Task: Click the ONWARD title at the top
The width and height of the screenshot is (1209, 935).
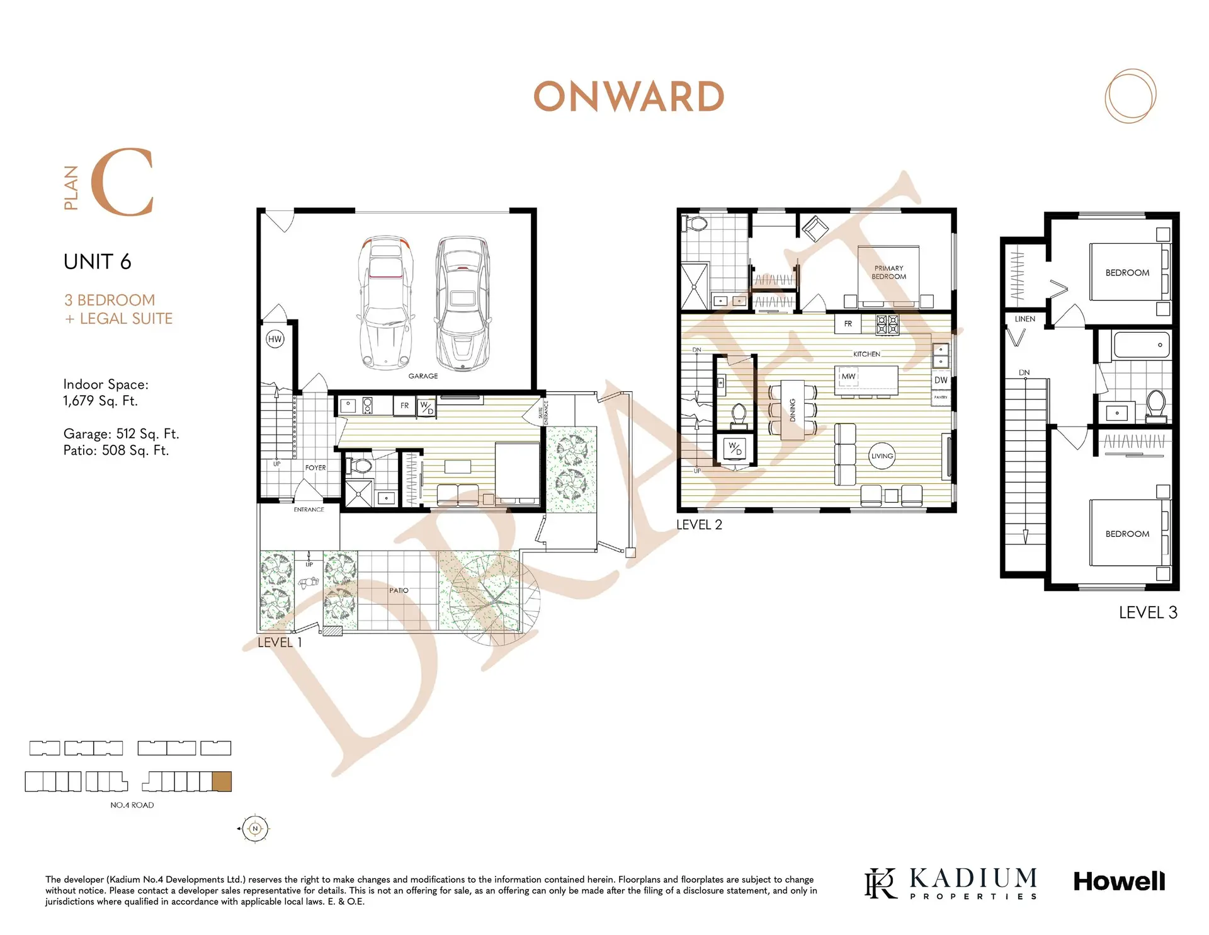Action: tap(628, 97)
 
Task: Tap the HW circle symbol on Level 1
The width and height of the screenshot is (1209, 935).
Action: tap(275, 339)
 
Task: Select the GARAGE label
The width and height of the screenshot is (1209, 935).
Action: tap(423, 376)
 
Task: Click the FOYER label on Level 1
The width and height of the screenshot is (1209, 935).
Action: tap(315, 467)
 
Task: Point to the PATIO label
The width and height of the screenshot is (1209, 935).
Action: tap(399, 590)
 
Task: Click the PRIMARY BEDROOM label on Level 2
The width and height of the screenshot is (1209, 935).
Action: tap(889, 272)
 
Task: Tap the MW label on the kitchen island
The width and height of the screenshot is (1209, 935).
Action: tap(848, 377)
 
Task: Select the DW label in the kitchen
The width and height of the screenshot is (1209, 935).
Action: tap(941, 380)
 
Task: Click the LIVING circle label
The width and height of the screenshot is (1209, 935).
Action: tap(882, 456)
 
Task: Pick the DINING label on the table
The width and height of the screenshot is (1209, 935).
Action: tap(793, 410)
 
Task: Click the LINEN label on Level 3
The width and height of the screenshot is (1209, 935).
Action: tap(1025, 319)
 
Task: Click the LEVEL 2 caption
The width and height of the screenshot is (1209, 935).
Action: tap(699, 525)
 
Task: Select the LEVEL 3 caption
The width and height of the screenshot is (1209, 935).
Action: tap(1148, 612)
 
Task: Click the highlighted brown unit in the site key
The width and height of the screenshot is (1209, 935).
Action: tap(222, 781)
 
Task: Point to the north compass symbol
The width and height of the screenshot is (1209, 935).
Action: tap(254, 829)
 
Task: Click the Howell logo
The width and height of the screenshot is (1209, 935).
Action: tap(1119, 881)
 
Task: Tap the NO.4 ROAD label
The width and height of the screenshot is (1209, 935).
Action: tap(132, 805)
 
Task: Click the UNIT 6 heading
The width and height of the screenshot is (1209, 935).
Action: tap(98, 261)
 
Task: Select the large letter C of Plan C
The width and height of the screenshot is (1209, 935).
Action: tap(122, 182)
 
